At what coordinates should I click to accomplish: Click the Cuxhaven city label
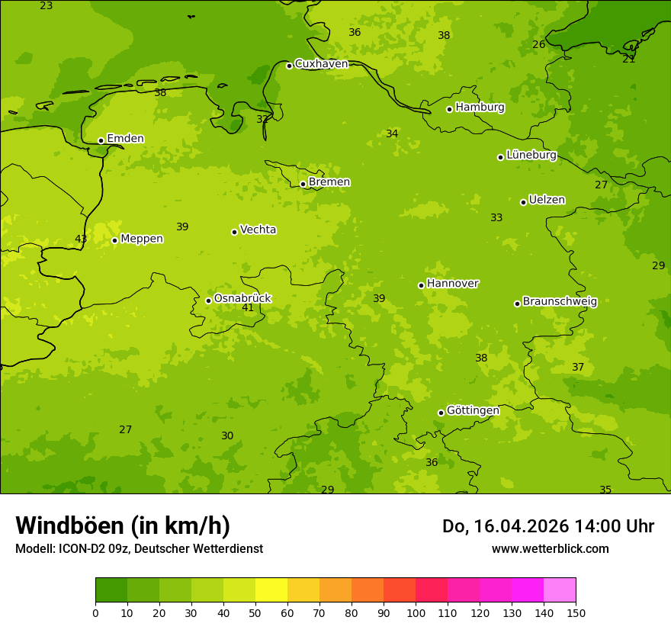pos(321,64)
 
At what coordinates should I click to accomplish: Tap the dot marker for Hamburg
pos(449,109)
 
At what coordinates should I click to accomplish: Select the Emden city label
pos(125,139)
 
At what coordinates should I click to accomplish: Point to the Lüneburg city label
pos(531,156)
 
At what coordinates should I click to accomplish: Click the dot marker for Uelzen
pos(523,202)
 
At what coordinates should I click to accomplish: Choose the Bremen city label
pos(329,182)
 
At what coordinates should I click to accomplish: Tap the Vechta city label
pos(258,230)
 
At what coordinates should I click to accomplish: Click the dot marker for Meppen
pos(114,240)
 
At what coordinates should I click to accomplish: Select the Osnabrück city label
pos(242,299)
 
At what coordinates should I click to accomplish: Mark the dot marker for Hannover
pos(421,285)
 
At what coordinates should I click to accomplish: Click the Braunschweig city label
pos(560,302)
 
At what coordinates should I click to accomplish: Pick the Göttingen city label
pos(473,411)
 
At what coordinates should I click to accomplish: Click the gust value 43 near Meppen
pos(81,239)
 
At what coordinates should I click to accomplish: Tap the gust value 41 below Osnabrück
pos(248,308)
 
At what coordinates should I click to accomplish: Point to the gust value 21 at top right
pos(628,59)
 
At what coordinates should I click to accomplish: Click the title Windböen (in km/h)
pos(123,525)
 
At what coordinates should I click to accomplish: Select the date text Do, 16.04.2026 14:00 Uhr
pos(547,526)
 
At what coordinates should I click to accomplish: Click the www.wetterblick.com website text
pos(550,549)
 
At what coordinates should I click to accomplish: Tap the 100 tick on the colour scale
pos(416,612)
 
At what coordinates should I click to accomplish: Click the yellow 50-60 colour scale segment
pos(271,590)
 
